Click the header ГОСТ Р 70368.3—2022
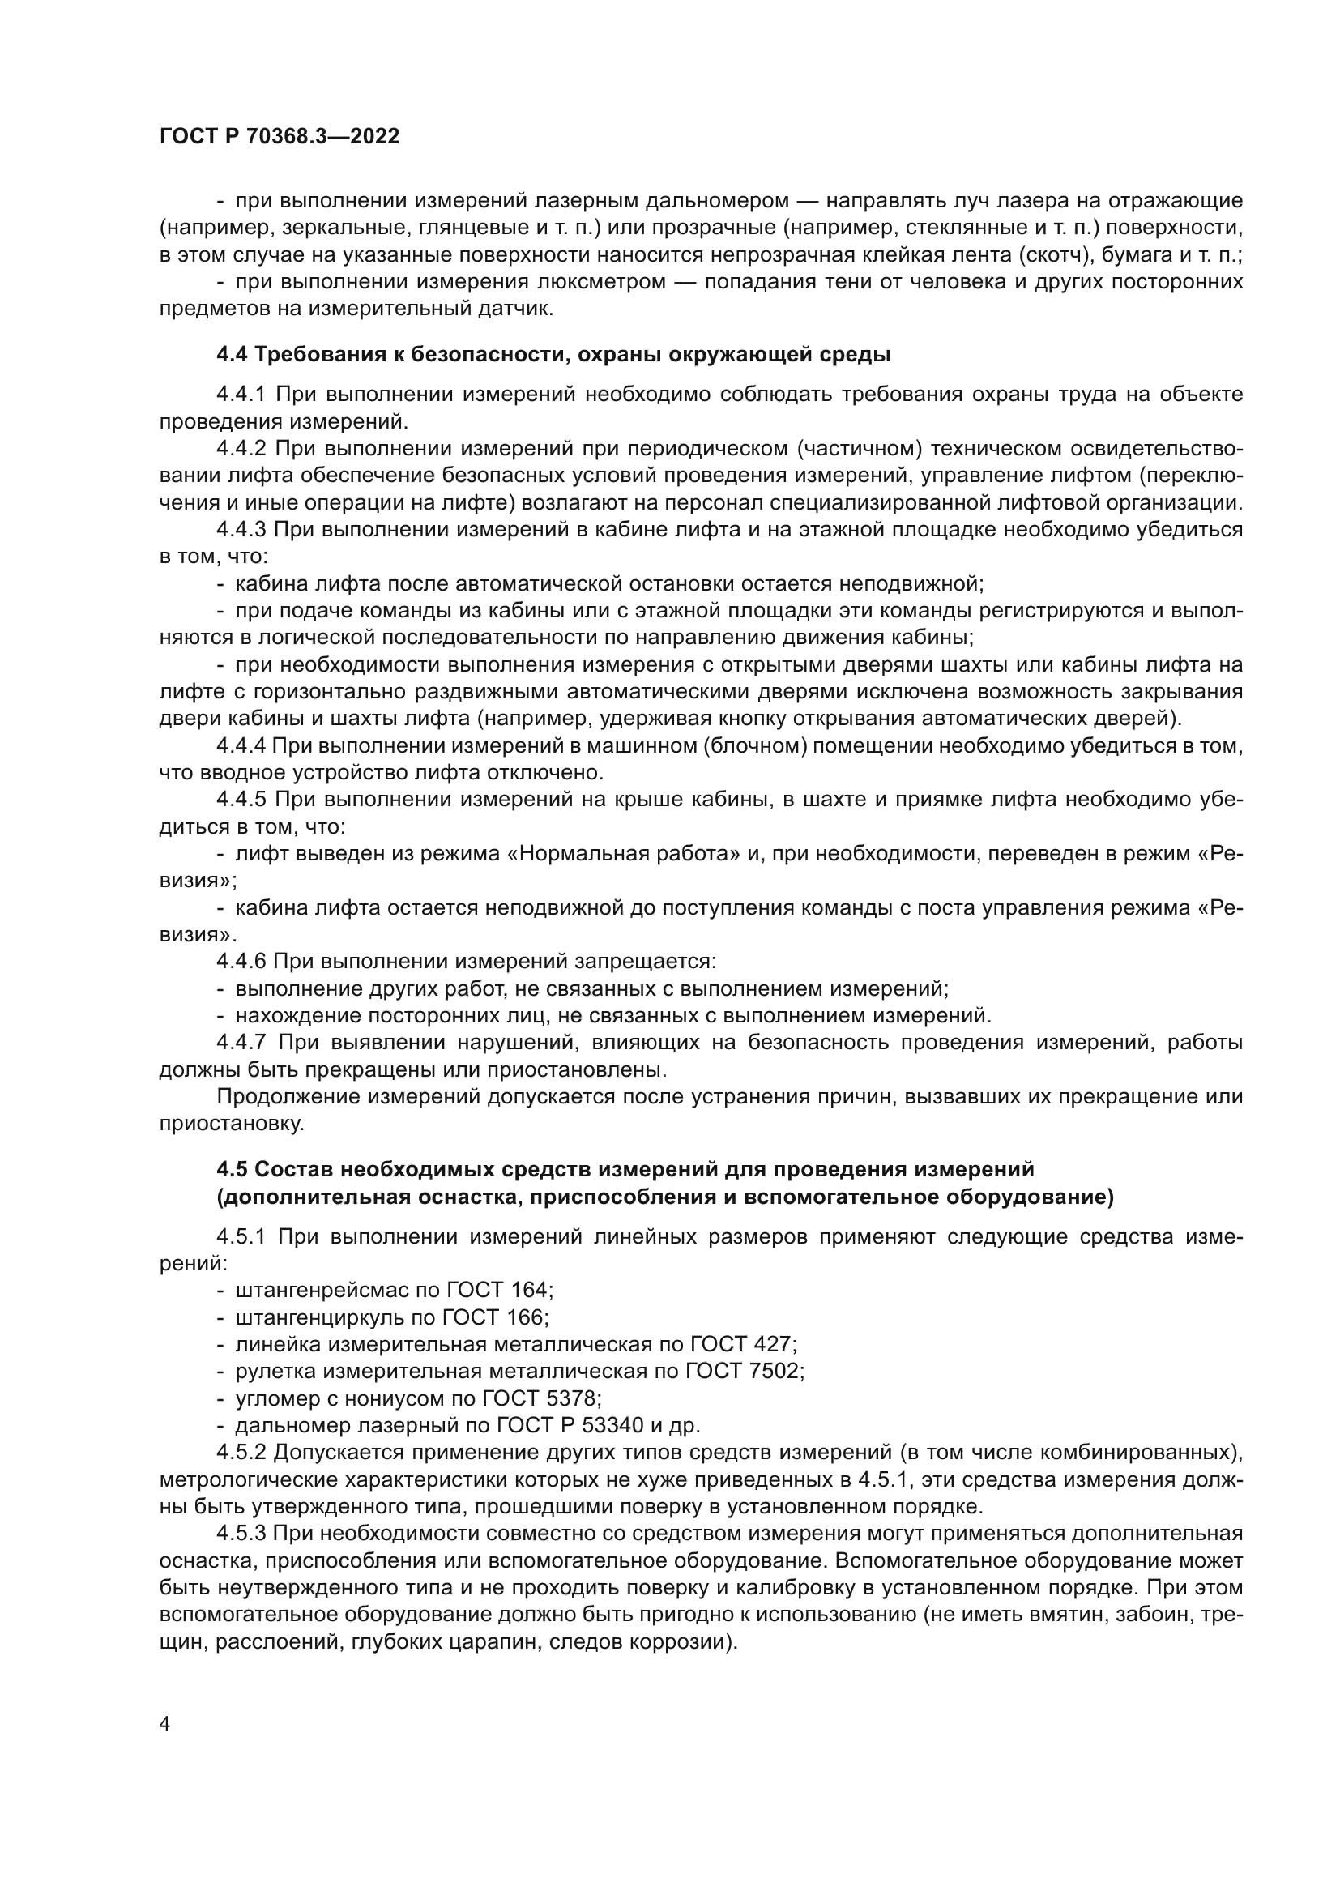point(279,137)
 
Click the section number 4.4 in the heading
point(232,355)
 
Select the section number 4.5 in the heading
point(232,1170)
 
